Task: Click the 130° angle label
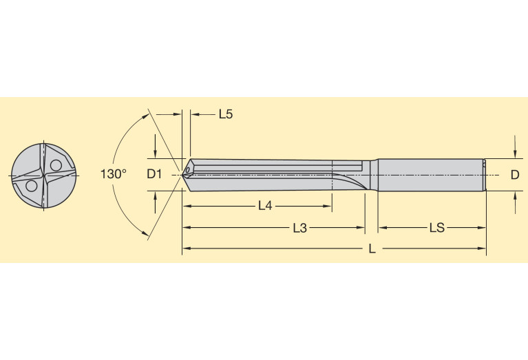(114, 174)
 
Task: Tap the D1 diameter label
(154, 174)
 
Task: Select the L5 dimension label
(225, 114)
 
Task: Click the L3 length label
(299, 227)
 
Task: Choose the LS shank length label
(436, 227)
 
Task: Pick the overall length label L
(372, 249)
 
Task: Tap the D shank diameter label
(514, 175)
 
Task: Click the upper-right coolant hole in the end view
(54, 165)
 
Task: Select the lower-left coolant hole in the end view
(30, 186)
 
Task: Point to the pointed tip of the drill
(184, 174)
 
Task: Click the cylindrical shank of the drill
(430, 174)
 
